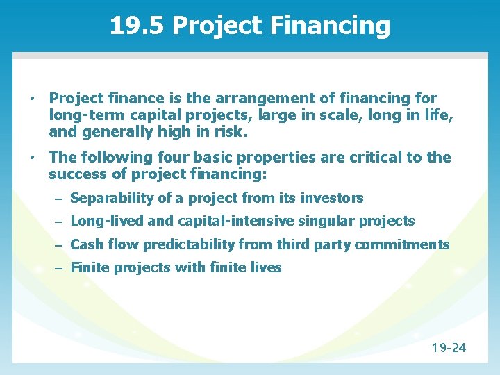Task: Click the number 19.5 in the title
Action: click(137, 26)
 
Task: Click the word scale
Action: click(314, 115)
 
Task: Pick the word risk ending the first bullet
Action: click(230, 131)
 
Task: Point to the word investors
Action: click(332, 198)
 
